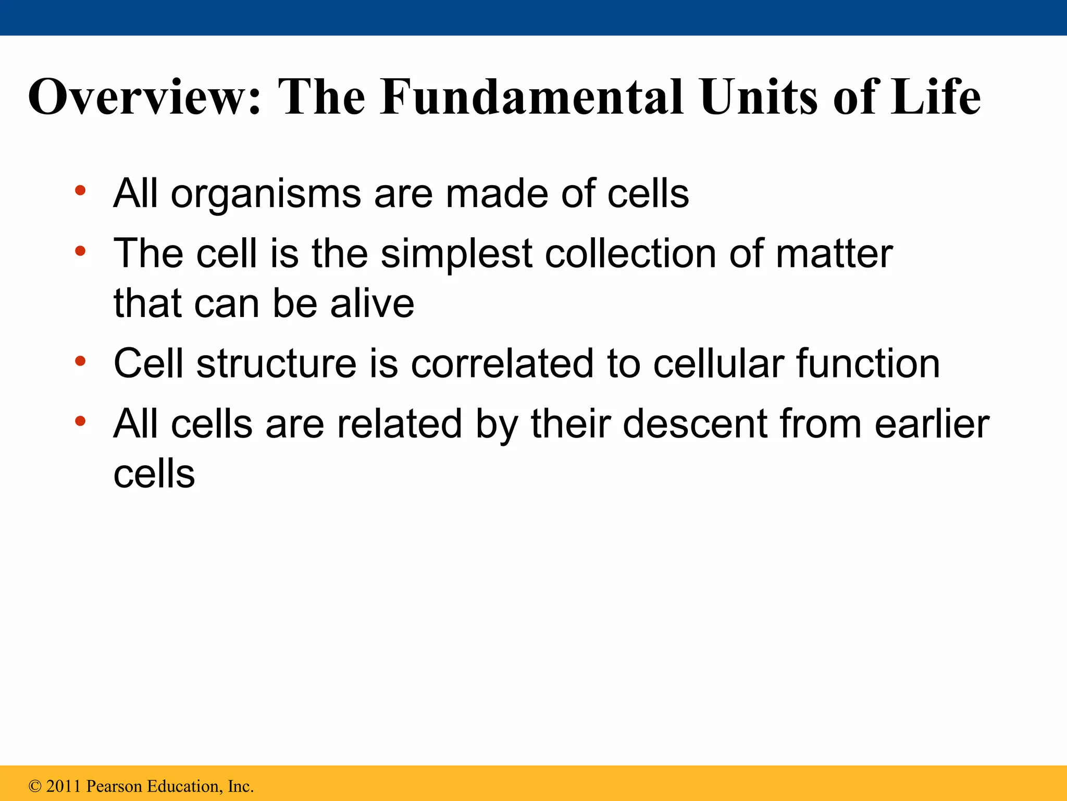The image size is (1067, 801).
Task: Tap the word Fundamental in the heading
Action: coord(531,98)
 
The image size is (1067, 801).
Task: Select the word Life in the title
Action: coord(935,98)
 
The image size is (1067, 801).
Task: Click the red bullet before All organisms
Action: coord(80,190)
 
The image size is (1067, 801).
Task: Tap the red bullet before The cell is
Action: coord(80,251)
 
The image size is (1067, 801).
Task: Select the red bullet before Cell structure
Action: coord(80,361)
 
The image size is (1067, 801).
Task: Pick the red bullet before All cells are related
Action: coord(80,421)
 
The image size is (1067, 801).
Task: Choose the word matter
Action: coord(834,254)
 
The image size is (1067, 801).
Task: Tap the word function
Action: coord(868,363)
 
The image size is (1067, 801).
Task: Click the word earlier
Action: coord(932,423)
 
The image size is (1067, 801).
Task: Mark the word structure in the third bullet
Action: coord(276,363)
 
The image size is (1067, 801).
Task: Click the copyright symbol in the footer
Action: coord(35,786)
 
